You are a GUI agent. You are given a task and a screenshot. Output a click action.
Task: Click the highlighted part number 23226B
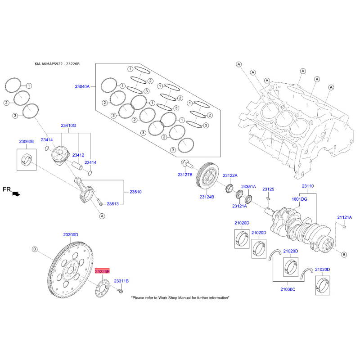click(102, 271)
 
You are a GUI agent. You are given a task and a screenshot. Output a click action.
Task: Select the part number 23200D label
click(71, 235)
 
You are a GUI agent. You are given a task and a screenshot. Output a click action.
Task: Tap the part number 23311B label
click(121, 281)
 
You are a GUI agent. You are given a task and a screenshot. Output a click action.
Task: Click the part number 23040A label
click(82, 86)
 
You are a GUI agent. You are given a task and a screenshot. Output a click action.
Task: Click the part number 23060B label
click(26, 142)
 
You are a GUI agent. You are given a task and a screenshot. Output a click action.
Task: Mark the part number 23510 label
click(135, 192)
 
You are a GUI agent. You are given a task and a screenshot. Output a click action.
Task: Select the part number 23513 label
click(112, 204)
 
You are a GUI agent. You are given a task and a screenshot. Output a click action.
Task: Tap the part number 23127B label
click(184, 174)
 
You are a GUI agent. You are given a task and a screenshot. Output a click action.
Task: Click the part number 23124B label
click(207, 197)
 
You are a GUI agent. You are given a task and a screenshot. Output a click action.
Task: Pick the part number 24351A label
click(248, 186)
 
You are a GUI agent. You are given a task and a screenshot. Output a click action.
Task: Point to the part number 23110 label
click(308, 186)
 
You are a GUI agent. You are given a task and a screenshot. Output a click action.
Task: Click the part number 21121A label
click(344, 217)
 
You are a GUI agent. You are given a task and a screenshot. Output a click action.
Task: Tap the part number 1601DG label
click(299, 198)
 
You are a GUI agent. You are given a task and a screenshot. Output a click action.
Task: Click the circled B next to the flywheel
click(35, 249)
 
